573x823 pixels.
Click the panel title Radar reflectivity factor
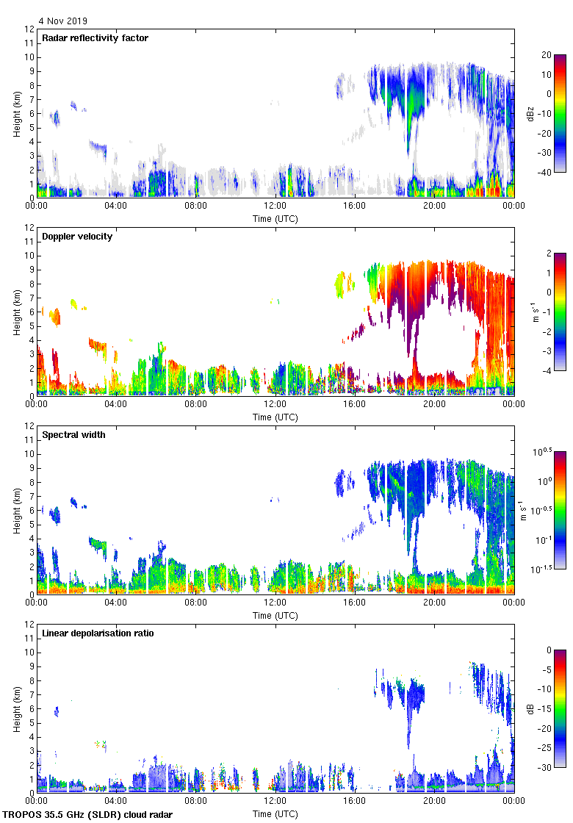[x=95, y=38]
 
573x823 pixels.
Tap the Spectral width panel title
[x=75, y=435]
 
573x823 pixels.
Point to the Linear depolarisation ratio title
[x=98, y=633]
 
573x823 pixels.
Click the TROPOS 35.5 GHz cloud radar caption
[x=89, y=815]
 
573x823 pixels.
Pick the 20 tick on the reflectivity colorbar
[x=547, y=55]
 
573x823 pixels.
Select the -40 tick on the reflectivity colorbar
[x=547, y=173]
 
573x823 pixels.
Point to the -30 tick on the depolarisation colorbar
[x=547, y=768]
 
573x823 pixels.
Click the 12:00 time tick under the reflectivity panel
[x=275, y=206]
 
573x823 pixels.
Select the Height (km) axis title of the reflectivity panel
[x=16, y=113]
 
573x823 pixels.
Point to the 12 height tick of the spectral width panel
[x=29, y=426]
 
